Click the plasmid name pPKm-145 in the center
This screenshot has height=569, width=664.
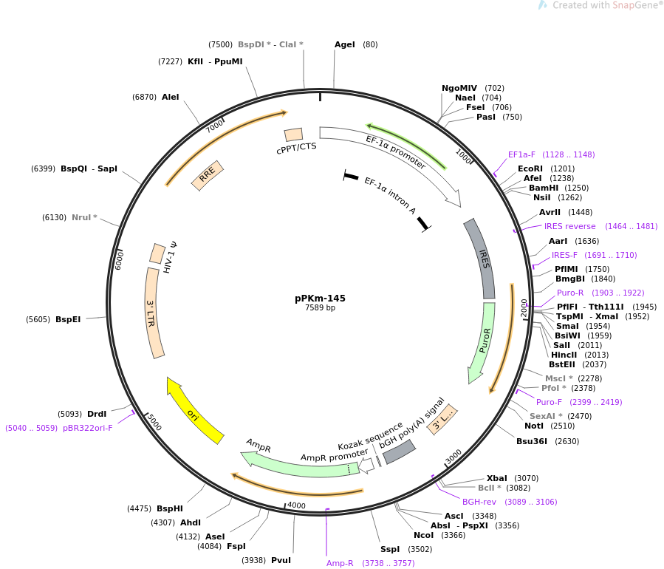(x=320, y=299)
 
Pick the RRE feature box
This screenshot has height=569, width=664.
(x=207, y=175)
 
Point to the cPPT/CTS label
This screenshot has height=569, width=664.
(x=296, y=146)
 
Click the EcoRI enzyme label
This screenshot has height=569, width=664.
(x=530, y=168)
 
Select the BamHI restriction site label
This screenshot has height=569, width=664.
(x=544, y=188)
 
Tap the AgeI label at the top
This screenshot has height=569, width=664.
(x=345, y=44)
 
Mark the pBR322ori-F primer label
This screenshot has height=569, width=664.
(x=88, y=428)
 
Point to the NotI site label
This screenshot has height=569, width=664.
(x=534, y=426)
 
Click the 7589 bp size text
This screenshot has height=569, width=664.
(x=320, y=308)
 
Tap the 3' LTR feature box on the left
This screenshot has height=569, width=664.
(x=153, y=313)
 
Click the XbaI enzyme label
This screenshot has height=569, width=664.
(x=497, y=478)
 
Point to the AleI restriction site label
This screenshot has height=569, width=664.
(x=170, y=97)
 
